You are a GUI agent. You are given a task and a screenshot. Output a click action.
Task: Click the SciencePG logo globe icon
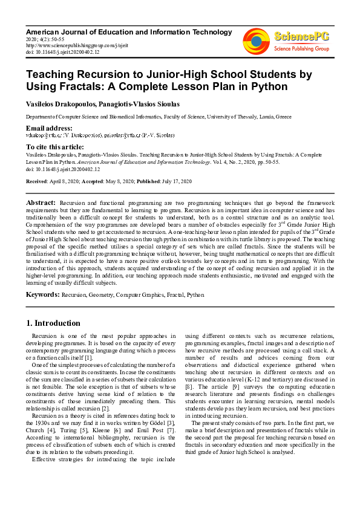[256, 41]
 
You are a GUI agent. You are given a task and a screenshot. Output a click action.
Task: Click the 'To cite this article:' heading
[54, 147]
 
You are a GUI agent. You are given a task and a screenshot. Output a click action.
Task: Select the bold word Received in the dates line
[37, 181]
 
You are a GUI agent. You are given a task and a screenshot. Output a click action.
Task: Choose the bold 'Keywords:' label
[42, 294]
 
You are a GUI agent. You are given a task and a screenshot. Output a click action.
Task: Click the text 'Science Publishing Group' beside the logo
[301, 48]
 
